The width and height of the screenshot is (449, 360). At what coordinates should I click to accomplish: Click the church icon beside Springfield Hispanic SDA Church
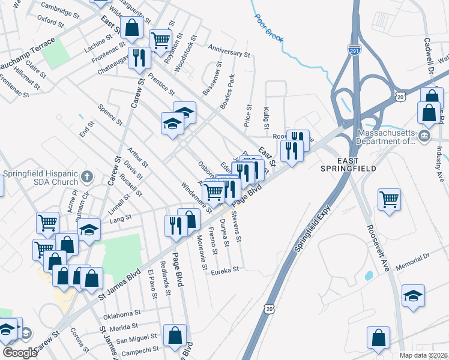point(87,177)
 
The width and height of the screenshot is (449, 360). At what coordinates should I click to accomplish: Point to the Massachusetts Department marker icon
point(425,137)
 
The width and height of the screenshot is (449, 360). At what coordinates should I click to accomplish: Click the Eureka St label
point(224,271)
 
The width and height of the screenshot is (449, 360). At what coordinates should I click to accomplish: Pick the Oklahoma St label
point(122,313)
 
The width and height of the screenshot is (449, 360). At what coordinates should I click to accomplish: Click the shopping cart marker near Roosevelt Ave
point(390,199)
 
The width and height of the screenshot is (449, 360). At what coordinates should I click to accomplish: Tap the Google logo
point(20,352)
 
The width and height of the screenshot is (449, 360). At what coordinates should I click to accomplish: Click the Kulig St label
point(266,117)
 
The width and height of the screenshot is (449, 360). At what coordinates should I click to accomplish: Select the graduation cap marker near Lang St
point(89,230)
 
